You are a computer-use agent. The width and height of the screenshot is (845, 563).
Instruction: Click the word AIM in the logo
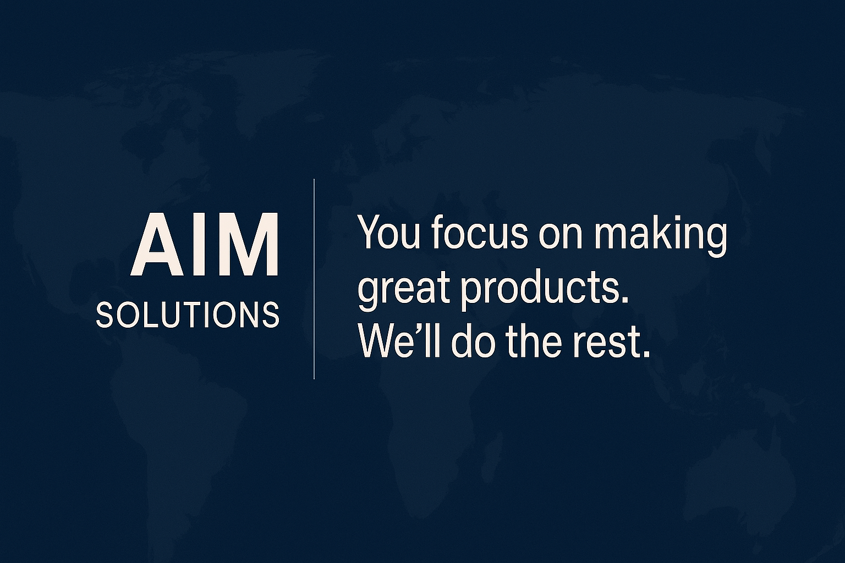click(x=205, y=244)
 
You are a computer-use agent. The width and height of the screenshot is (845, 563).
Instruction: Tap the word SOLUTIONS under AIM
click(x=188, y=314)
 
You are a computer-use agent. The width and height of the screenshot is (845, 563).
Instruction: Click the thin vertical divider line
click(x=314, y=279)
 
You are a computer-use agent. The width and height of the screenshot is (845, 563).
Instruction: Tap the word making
click(x=661, y=236)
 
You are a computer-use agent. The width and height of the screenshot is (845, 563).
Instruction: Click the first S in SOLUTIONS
click(x=105, y=314)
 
